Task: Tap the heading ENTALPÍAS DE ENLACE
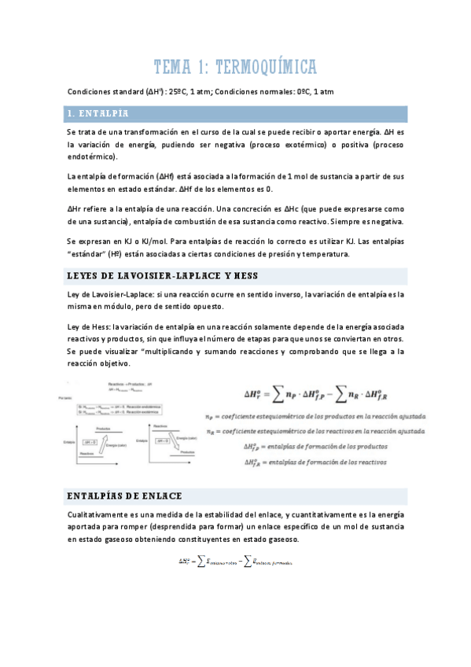125,496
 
